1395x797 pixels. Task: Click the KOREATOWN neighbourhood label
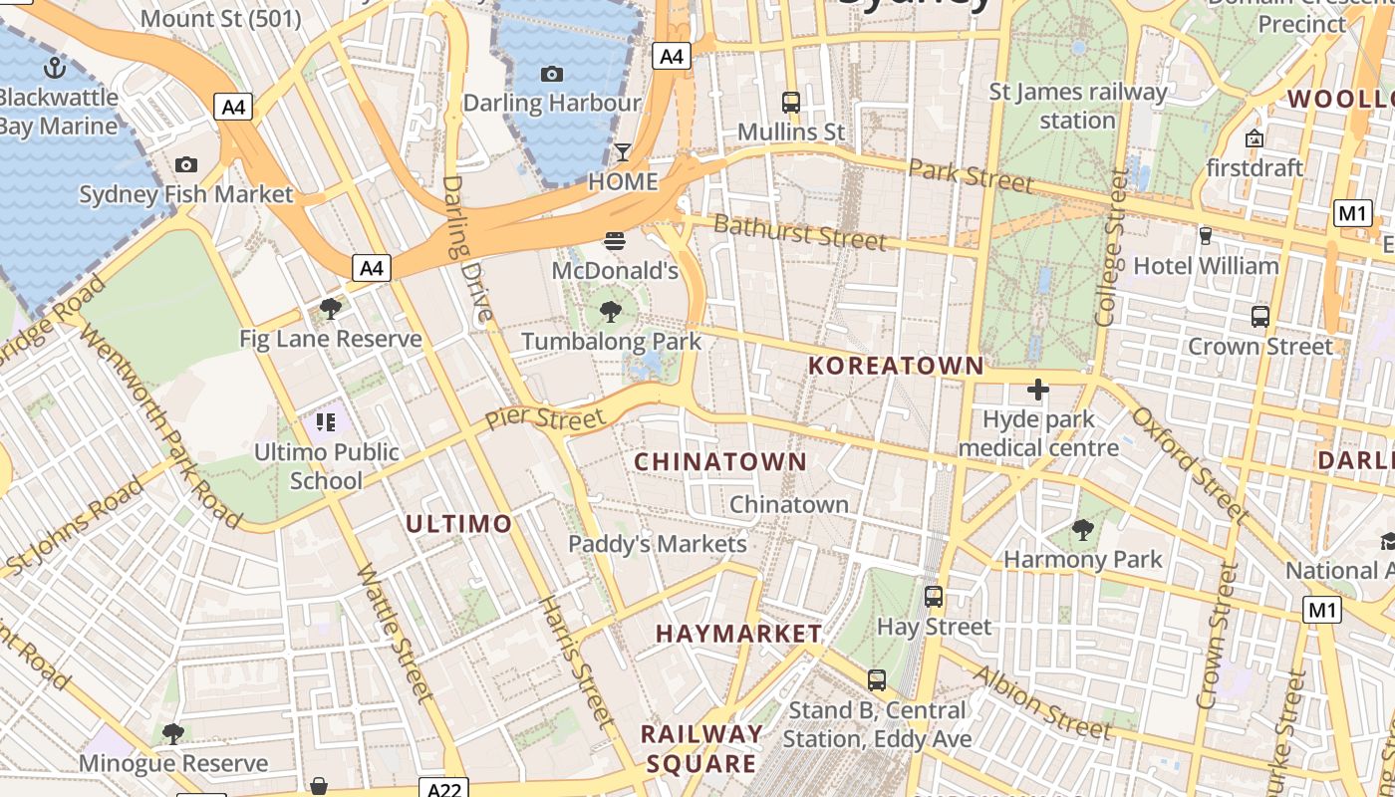(x=896, y=366)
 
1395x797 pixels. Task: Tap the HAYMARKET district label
(x=738, y=634)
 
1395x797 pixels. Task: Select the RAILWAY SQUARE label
(x=701, y=749)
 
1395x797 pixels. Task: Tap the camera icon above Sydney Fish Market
(x=185, y=164)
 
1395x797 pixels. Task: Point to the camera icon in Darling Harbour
(x=551, y=74)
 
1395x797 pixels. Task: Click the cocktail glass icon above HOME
(x=623, y=151)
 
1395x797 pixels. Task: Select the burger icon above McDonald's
(x=615, y=240)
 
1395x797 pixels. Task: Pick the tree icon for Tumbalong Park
(x=611, y=312)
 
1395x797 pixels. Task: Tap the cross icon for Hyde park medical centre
(x=1037, y=389)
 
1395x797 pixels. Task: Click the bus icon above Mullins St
(x=791, y=102)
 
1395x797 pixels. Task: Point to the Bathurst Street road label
(x=799, y=233)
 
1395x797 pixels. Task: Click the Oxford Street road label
(x=1190, y=464)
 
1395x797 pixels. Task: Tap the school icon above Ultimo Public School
(x=326, y=422)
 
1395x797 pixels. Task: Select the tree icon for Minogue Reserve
(x=173, y=734)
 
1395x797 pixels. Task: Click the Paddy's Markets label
(x=657, y=544)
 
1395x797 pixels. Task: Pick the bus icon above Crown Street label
(x=1260, y=317)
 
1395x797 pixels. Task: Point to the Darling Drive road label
(x=466, y=249)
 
